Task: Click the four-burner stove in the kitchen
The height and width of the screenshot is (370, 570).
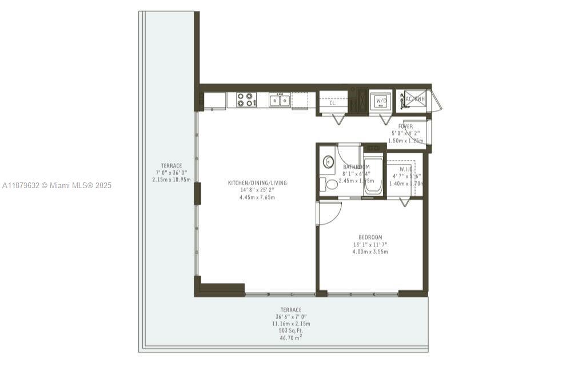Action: coord(245,100)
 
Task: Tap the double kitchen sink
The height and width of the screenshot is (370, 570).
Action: coord(280,100)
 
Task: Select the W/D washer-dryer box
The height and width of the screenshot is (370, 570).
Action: coord(380,102)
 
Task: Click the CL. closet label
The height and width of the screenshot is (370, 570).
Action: coord(333,104)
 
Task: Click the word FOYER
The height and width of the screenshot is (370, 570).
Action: coord(406,126)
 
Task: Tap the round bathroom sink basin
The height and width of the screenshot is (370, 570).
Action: coord(328,162)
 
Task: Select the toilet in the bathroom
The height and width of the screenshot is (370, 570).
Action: coord(330,184)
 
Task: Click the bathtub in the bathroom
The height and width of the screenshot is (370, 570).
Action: coord(373,177)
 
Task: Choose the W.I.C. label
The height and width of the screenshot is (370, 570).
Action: coord(406,169)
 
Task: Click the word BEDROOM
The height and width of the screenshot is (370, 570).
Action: coord(370,237)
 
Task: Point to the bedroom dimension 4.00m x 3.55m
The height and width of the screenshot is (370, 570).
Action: coord(370,252)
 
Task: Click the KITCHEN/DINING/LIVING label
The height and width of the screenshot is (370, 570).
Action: coord(257,183)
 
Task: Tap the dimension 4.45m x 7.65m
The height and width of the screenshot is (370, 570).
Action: coord(257,198)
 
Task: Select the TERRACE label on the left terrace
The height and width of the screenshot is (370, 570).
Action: coord(171,166)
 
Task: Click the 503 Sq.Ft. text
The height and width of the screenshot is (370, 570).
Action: coord(291,331)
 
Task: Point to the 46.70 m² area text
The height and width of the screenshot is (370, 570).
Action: coord(291,338)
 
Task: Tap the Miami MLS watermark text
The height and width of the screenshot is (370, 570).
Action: coord(57,185)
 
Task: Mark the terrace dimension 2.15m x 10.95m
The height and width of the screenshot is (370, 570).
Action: coord(171,180)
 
